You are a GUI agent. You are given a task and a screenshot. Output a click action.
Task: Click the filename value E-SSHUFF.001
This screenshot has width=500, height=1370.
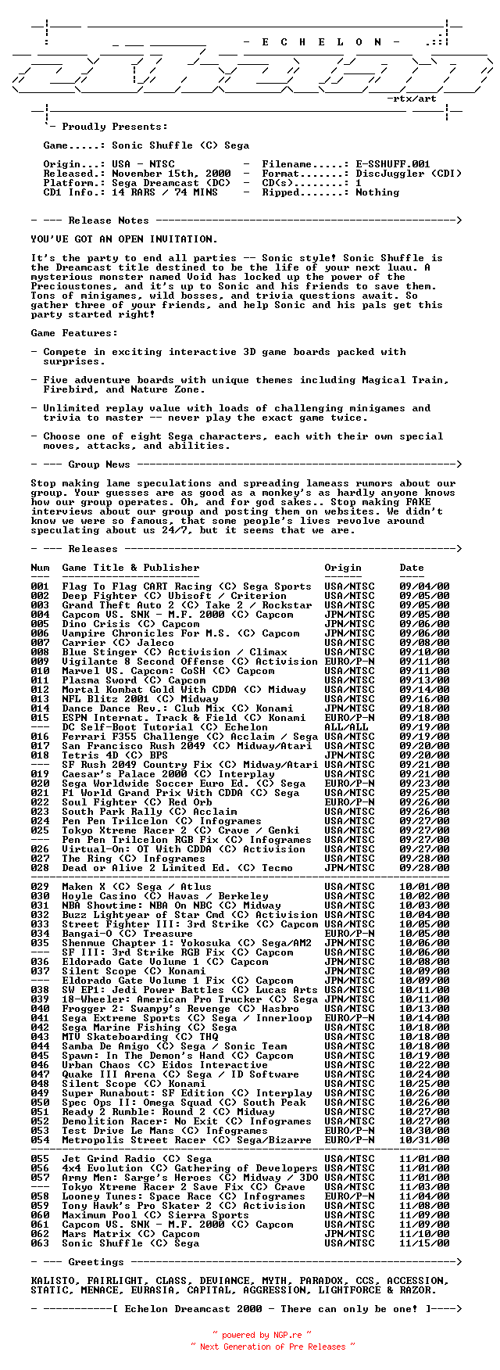(x=393, y=164)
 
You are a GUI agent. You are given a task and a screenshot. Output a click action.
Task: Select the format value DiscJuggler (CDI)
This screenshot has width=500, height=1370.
(x=409, y=174)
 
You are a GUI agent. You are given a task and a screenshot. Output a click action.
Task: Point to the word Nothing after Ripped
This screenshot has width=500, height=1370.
(x=377, y=192)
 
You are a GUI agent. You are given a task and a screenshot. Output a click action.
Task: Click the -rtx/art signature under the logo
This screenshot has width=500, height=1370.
(x=412, y=99)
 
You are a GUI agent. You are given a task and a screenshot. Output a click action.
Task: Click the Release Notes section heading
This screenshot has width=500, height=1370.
(x=109, y=221)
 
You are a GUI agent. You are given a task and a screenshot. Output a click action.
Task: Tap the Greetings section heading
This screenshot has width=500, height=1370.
(x=96, y=1262)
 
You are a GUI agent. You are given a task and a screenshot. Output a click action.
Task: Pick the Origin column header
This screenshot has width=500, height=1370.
(x=343, y=568)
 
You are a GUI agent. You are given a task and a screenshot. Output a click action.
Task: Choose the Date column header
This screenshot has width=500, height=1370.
(x=412, y=568)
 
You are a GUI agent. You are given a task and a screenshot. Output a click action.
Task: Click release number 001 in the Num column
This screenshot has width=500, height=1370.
(x=40, y=586)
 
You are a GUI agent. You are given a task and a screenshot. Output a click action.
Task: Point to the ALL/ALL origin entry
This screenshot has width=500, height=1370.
(x=346, y=727)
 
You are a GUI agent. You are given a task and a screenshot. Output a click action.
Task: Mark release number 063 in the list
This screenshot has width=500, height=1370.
(x=40, y=1243)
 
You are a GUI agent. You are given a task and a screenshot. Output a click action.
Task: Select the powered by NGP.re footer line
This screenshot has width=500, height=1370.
(x=262, y=1335)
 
